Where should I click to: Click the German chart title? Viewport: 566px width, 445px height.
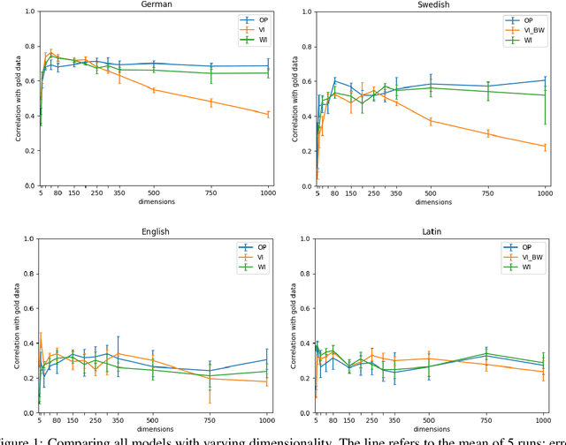pyautogui.click(x=157, y=5)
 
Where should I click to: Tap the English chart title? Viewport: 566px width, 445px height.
pyautogui.click(x=157, y=231)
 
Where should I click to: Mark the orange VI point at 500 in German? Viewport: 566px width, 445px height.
pyautogui.click(x=153, y=90)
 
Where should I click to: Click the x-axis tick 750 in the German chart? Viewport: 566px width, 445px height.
pyautogui.click(x=210, y=192)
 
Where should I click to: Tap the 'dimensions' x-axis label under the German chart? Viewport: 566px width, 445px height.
pyautogui.click(x=157, y=202)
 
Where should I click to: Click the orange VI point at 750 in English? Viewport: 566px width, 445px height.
pyautogui.click(x=210, y=378)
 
